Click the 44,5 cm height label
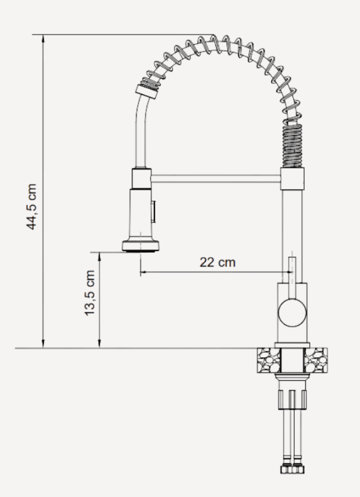coord(32,207)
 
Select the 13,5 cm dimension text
coord(91,293)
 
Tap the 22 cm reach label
coord(217,262)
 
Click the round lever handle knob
coord(292,311)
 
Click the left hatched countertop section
coord(267,360)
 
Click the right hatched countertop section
coord(317,360)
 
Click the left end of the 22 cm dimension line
coord(142,272)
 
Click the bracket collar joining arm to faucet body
coord(293,180)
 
